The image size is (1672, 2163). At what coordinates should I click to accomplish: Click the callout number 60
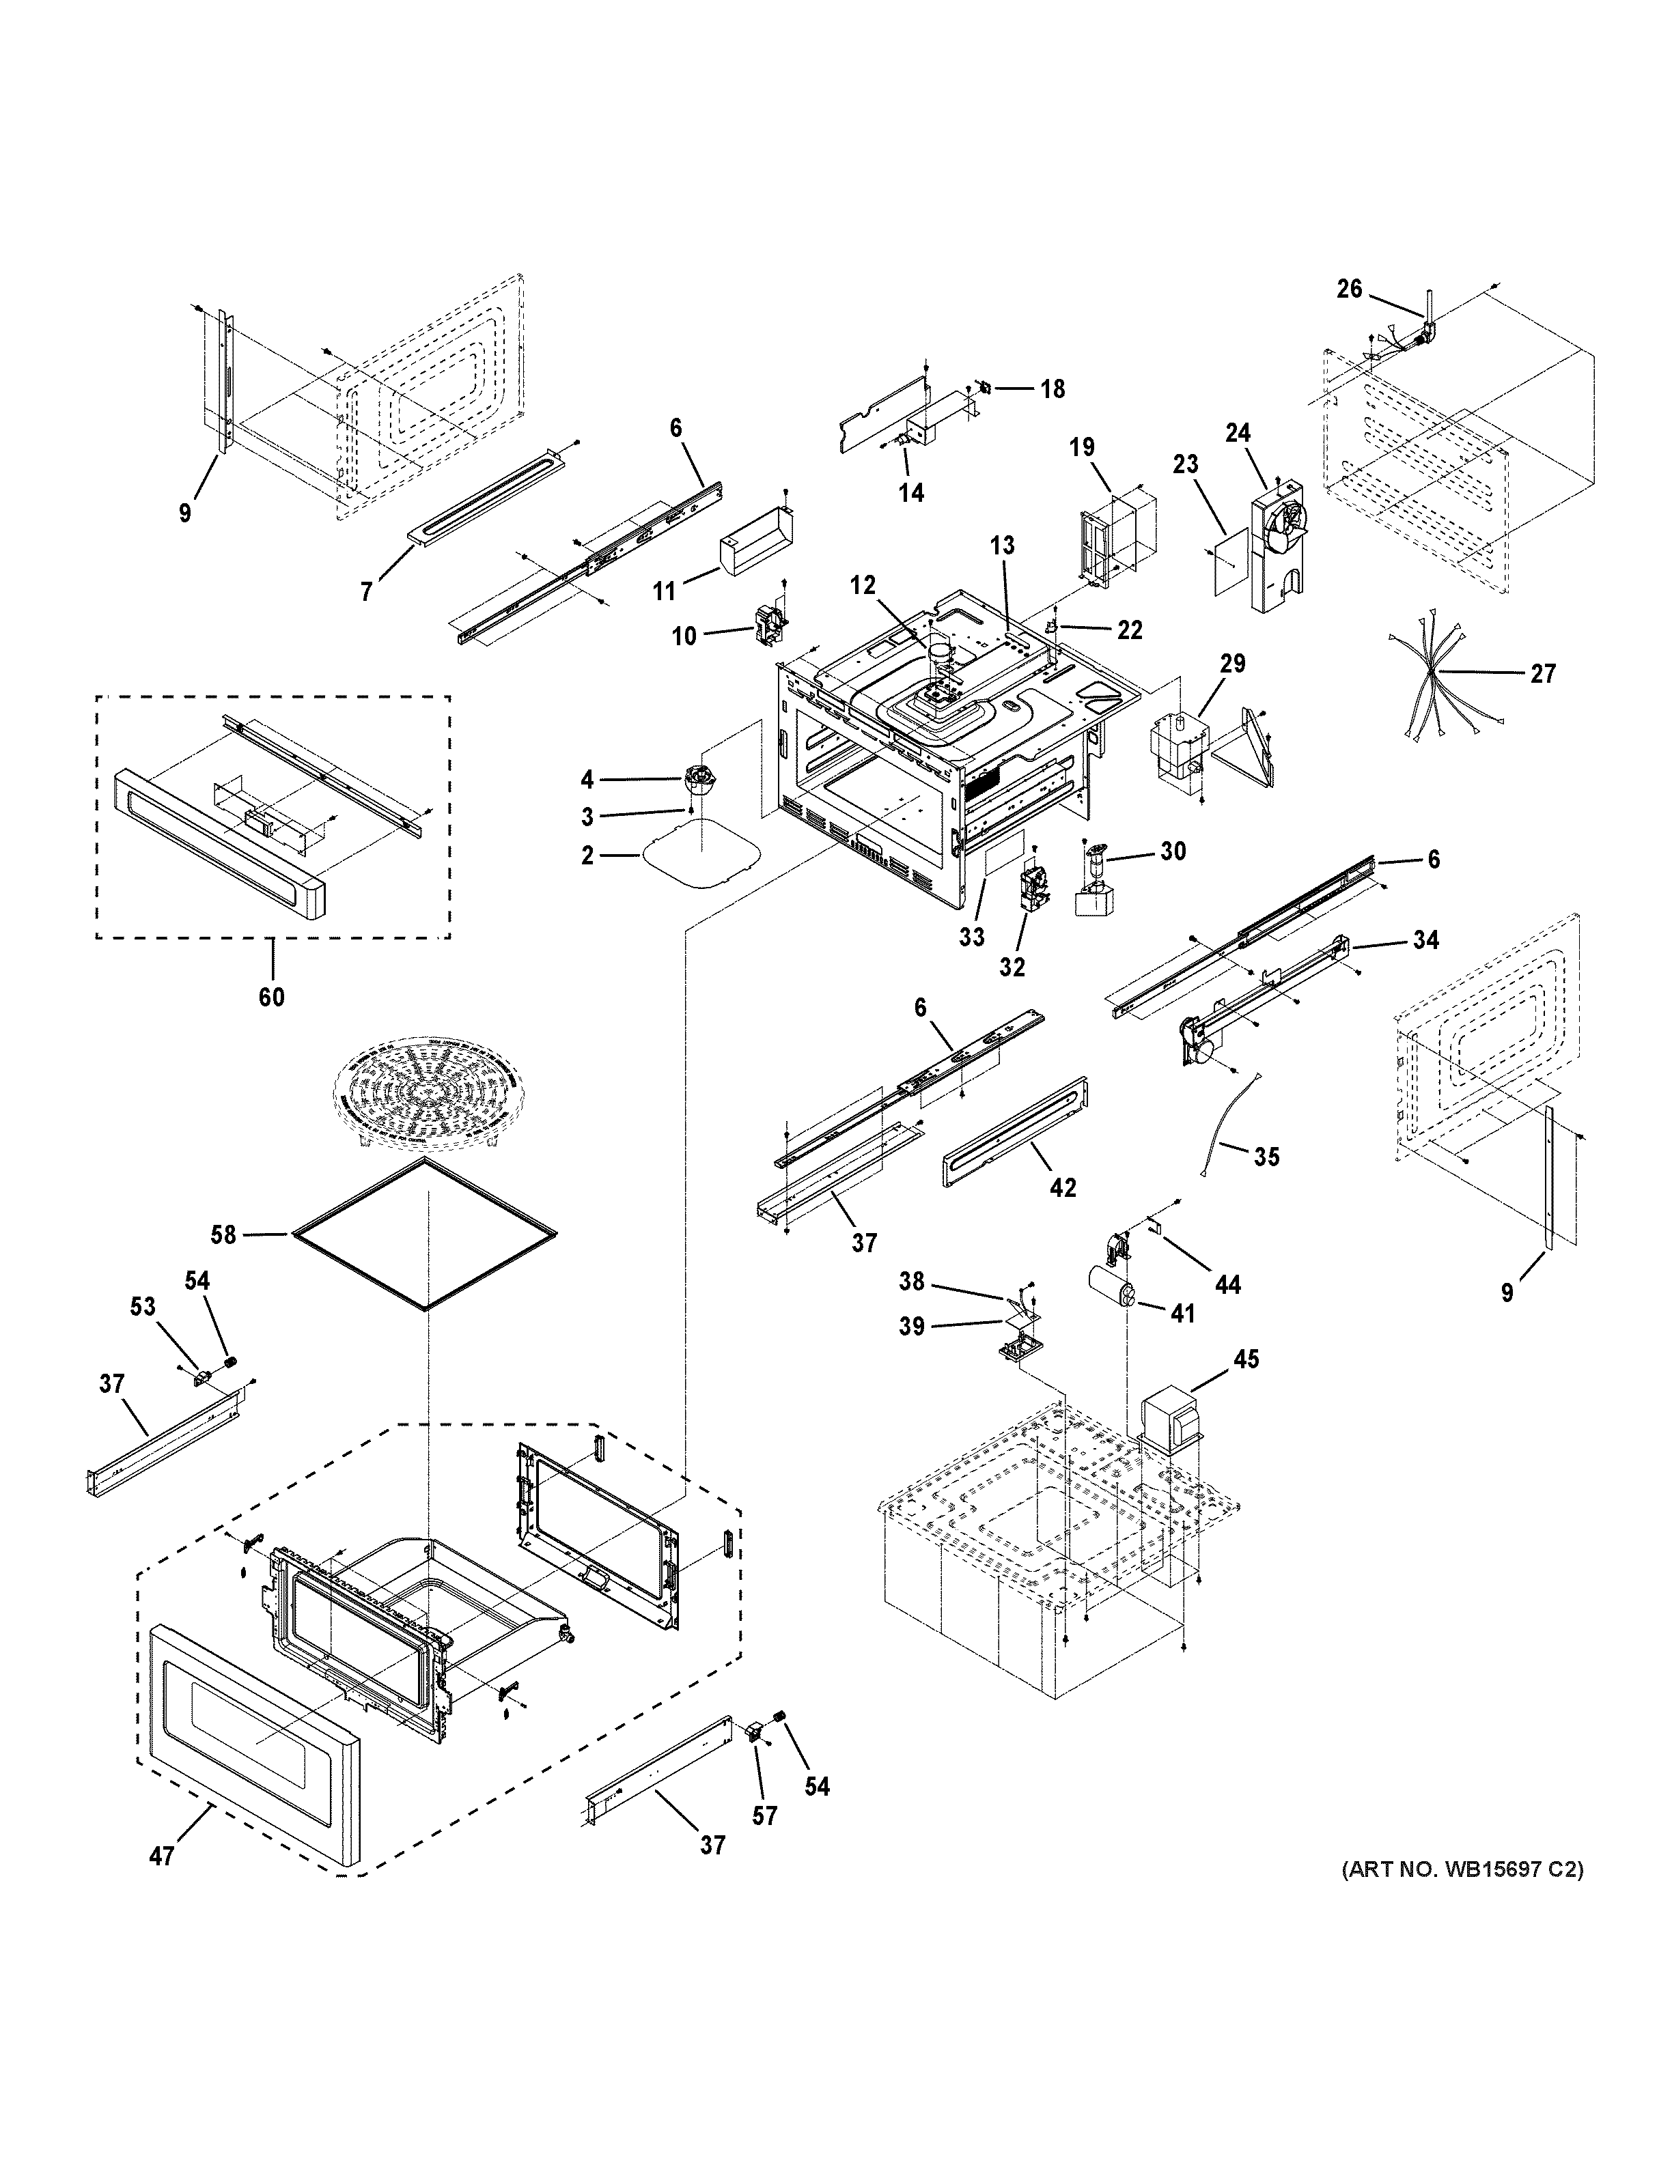(270, 996)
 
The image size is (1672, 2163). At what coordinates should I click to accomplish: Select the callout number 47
(161, 1856)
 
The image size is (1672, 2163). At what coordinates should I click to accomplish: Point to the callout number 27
(1542, 673)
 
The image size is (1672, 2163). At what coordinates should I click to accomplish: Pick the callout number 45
(1245, 1360)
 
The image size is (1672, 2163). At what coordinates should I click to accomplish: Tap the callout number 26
(1349, 289)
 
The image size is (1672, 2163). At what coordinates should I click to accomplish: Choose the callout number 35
(1266, 1156)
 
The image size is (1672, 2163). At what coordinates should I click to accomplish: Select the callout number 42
(1062, 1187)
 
